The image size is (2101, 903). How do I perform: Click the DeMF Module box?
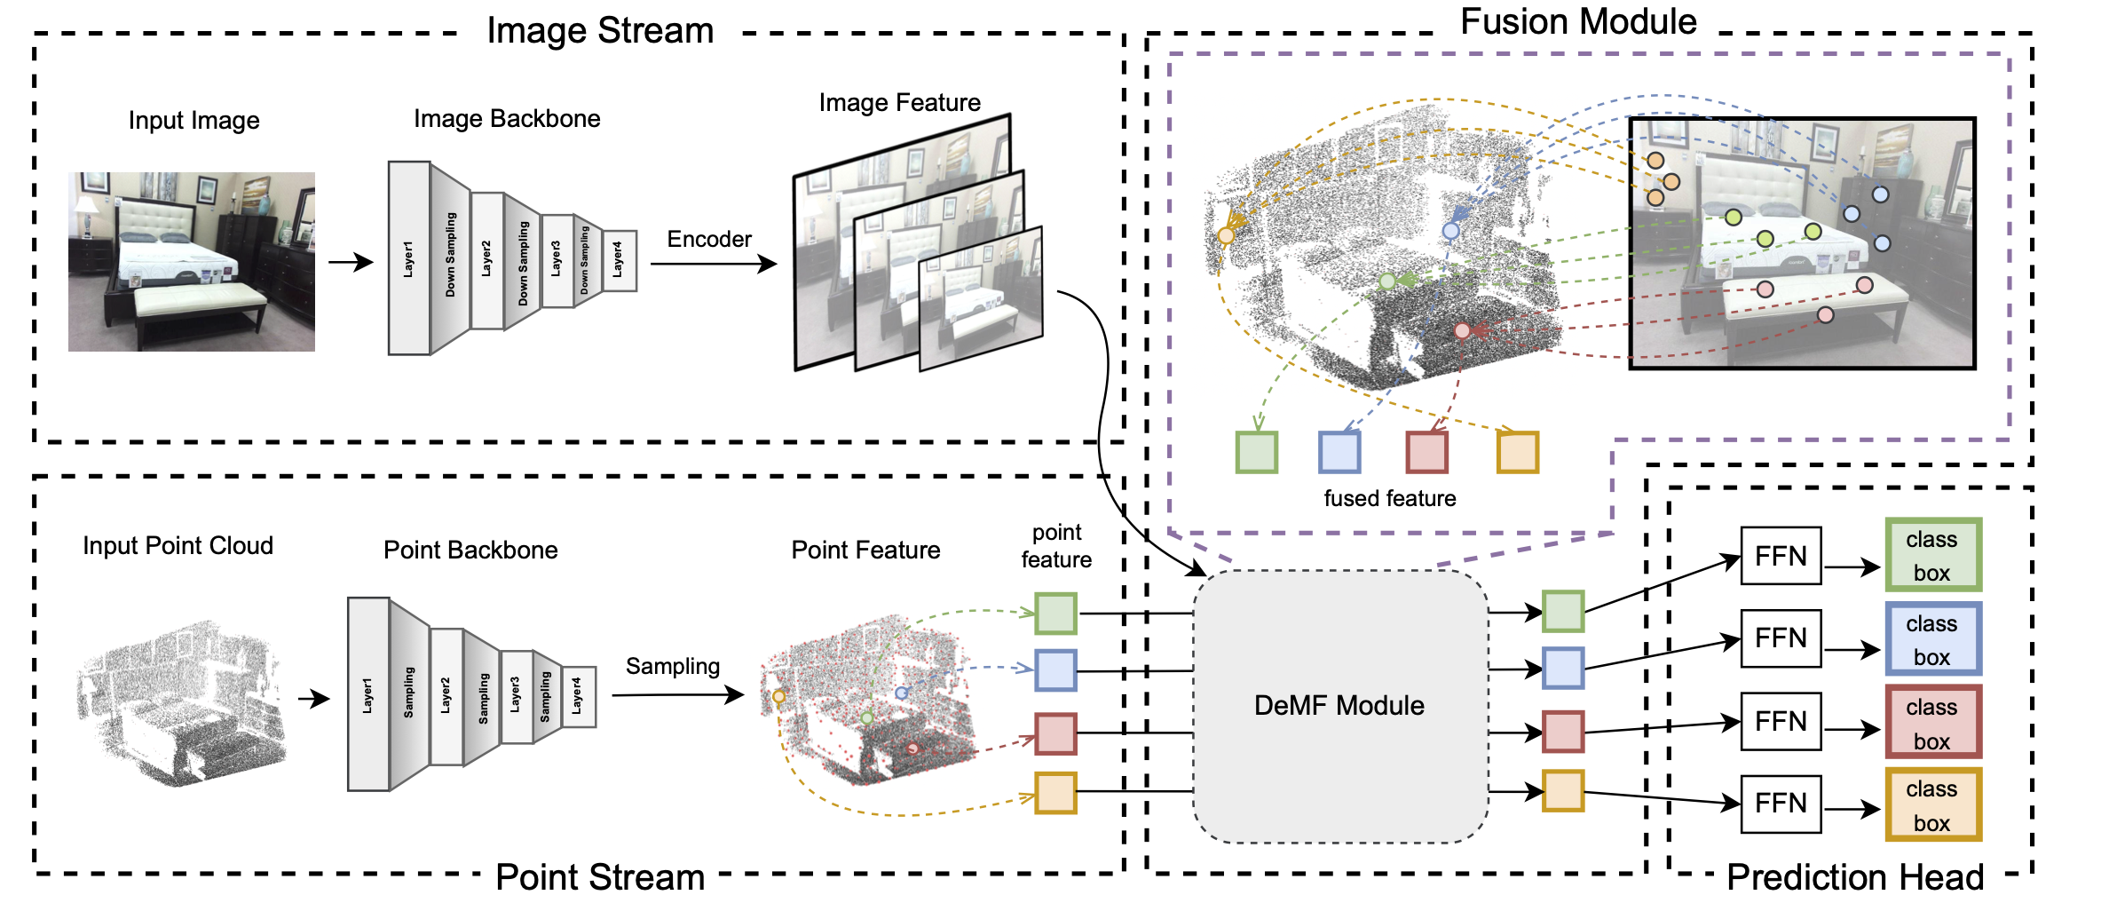1339,706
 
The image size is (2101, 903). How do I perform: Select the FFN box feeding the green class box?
1781,556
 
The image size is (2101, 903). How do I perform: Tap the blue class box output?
1932,639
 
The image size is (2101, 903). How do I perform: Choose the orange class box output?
1932,805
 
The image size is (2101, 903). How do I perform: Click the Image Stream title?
600,31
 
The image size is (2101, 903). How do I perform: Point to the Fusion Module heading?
1578,21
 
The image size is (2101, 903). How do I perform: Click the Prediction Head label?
1854,877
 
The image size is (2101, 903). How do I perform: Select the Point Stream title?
600,877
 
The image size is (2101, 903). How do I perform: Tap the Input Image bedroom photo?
192,262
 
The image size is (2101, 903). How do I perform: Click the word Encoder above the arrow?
709,239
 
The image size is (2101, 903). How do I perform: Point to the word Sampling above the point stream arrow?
672,666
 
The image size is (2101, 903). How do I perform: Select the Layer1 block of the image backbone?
409,258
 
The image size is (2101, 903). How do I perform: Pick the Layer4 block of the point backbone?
579,696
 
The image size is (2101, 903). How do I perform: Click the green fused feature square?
1257,452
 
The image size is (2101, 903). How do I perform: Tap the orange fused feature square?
1518,452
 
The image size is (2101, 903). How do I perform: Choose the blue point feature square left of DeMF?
1055,670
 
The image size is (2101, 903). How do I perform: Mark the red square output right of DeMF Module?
1563,732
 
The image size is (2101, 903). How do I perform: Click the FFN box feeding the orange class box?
1781,804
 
